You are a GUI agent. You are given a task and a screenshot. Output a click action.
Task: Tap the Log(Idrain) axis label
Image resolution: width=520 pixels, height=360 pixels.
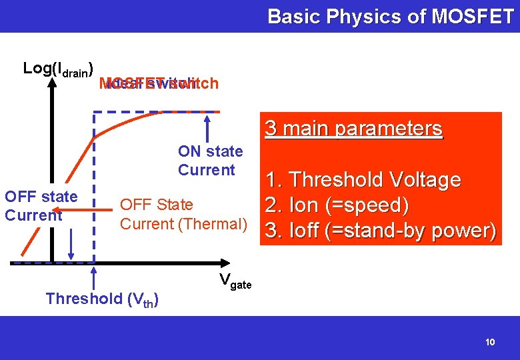tap(57, 69)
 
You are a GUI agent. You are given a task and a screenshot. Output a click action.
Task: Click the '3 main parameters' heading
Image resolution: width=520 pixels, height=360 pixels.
tap(353, 129)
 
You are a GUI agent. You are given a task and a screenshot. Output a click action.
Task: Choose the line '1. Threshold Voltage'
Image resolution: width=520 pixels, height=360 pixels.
tap(363, 179)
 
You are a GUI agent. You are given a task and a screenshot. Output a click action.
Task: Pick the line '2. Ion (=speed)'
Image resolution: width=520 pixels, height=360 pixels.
tap(337, 205)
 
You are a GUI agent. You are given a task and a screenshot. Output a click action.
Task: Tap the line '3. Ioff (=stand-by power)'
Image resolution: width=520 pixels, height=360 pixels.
tap(381, 230)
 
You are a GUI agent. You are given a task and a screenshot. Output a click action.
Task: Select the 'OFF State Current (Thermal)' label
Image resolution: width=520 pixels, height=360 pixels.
tap(183, 214)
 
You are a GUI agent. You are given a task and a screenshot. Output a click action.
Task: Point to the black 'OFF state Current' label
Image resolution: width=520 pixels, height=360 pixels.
tap(41, 206)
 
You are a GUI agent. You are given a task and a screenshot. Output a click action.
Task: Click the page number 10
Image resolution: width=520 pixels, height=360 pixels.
tap(490, 342)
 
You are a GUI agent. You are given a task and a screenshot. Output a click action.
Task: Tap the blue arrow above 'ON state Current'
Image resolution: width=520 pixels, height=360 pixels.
tap(209, 127)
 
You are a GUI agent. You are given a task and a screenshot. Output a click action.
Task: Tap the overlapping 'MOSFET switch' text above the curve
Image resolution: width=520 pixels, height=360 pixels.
tap(158, 83)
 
